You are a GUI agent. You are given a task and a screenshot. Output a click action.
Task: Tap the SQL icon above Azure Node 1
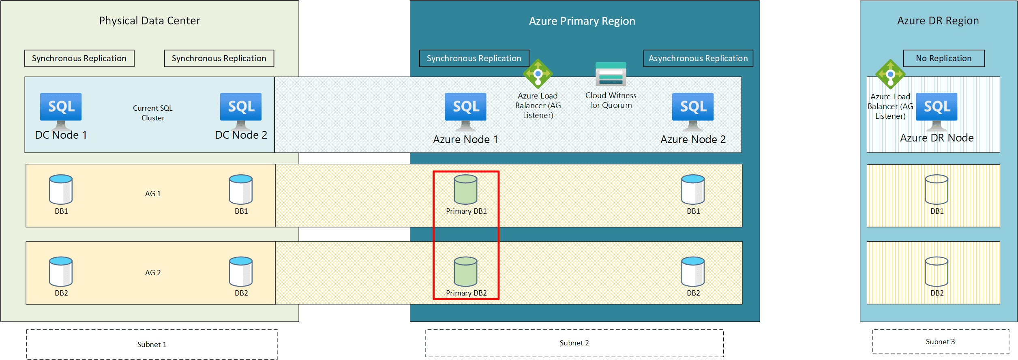pyautogui.click(x=465, y=111)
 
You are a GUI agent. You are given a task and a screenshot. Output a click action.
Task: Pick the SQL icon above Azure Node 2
pyautogui.click(x=693, y=111)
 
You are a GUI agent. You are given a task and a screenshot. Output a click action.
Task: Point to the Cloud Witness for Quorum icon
pyautogui.click(x=611, y=74)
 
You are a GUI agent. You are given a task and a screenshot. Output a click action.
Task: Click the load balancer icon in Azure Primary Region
pyautogui.click(x=538, y=74)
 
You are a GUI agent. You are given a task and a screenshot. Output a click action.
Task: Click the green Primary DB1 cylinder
pyautogui.click(x=465, y=189)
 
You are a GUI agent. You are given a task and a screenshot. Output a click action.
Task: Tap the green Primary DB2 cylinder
pyautogui.click(x=465, y=272)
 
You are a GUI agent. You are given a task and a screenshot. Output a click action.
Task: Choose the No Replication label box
pyautogui.click(x=944, y=58)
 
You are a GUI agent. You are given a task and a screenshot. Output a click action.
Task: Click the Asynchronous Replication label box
pyautogui.click(x=698, y=58)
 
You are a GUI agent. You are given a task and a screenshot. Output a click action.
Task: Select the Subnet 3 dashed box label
pyautogui.click(x=941, y=342)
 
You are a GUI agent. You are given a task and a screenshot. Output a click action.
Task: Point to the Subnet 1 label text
pyautogui.click(x=152, y=345)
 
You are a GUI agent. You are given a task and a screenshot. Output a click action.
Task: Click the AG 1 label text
pyautogui.click(x=153, y=194)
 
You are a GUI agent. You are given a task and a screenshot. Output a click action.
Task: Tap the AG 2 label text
pyautogui.click(x=153, y=273)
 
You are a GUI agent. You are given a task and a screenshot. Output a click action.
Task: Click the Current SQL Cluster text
pyautogui.click(x=153, y=113)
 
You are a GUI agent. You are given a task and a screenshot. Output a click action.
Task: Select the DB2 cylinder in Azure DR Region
pyautogui.click(x=937, y=272)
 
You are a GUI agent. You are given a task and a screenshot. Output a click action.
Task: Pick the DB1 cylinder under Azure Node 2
pyautogui.click(x=693, y=189)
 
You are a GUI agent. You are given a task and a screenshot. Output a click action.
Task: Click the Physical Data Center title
pyautogui.click(x=150, y=21)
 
